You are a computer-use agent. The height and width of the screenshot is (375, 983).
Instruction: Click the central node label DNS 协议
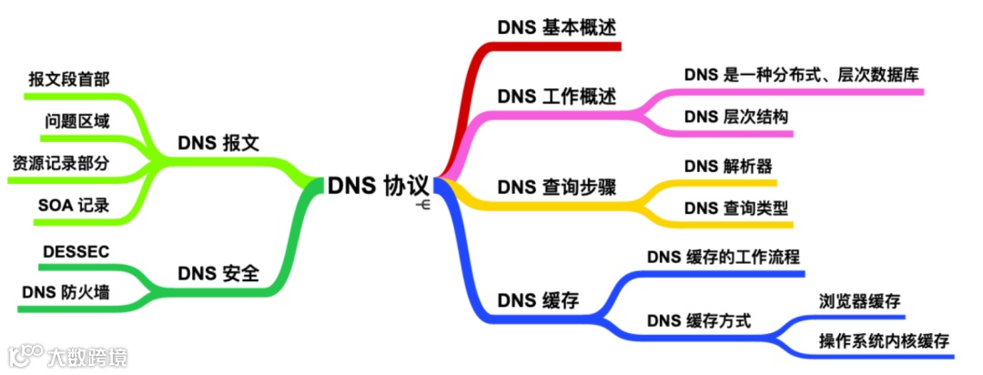[x=378, y=185]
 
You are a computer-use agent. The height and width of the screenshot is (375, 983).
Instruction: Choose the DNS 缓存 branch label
[x=538, y=299]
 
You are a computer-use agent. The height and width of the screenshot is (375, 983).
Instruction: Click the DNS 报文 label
[x=218, y=143]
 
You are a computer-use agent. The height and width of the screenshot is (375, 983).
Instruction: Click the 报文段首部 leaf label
[x=69, y=79]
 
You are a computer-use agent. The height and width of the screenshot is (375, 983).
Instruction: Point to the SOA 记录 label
[x=74, y=206]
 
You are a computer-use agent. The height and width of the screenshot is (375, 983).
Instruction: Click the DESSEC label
[x=76, y=250]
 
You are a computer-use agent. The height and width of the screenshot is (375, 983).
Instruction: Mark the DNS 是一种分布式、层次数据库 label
[x=800, y=75]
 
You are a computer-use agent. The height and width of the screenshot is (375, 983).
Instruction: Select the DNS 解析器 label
[x=728, y=166]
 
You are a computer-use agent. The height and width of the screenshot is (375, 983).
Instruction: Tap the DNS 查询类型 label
[x=735, y=208]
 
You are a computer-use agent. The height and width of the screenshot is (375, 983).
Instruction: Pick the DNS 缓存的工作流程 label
[x=724, y=257]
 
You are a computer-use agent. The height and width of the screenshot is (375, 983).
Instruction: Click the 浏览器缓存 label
[x=859, y=300]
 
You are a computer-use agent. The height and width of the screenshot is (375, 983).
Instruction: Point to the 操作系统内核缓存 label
[x=884, y=342]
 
